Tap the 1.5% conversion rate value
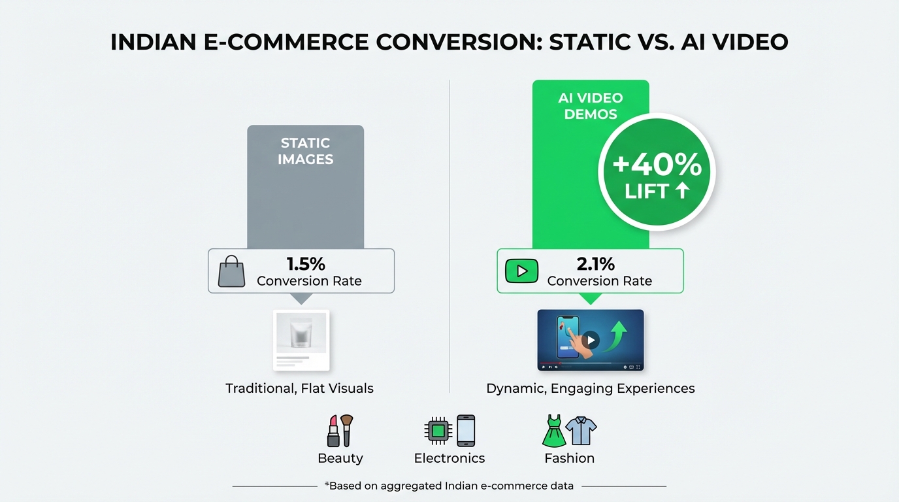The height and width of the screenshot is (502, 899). (x=306, y=264)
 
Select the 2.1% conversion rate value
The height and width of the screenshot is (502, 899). (x=596, y=264)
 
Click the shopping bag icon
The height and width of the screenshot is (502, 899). (x=231, y=271)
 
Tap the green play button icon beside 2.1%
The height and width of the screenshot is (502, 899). (x=521, y=271)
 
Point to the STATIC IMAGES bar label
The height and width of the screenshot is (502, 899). (x=305, y=151)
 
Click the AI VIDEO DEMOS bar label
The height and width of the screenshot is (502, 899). (x=590, y=106)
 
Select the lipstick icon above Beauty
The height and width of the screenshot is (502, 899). (x=333, y=431)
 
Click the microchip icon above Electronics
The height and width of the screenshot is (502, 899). (x=438, y=431)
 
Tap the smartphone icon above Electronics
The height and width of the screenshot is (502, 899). (x=466, y=431)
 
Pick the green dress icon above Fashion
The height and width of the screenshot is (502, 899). (x=554, y=431)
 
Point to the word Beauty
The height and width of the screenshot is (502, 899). (x=340, y=458)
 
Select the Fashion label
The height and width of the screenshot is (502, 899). (x=569, y=458)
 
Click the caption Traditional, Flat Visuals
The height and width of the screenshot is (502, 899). (x=299, y=388)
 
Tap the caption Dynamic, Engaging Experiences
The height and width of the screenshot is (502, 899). (x=590, y=388)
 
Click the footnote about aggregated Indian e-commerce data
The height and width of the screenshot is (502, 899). (x=449, y=486)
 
